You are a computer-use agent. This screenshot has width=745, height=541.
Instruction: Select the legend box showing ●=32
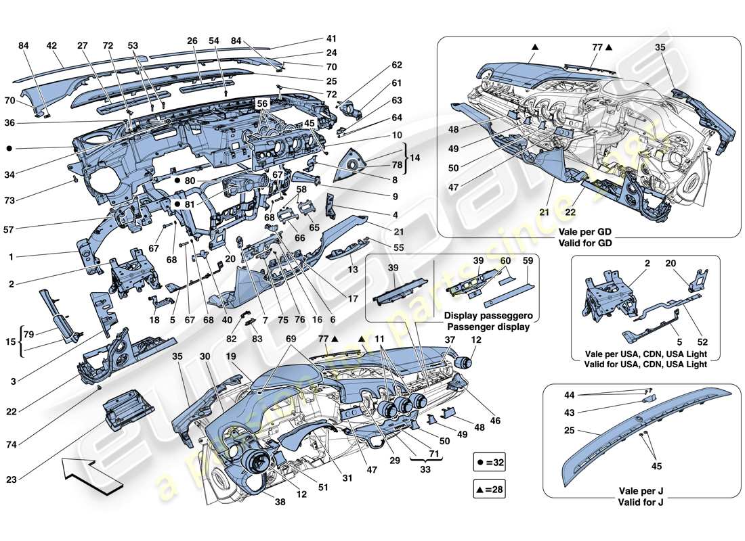pyautogui.click(x=492, y=463)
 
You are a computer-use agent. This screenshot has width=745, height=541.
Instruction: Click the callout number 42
pyautogui.click(x=51, y=46)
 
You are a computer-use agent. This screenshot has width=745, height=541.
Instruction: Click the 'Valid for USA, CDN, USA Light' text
pyautogui.click(x=639, y=364)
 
